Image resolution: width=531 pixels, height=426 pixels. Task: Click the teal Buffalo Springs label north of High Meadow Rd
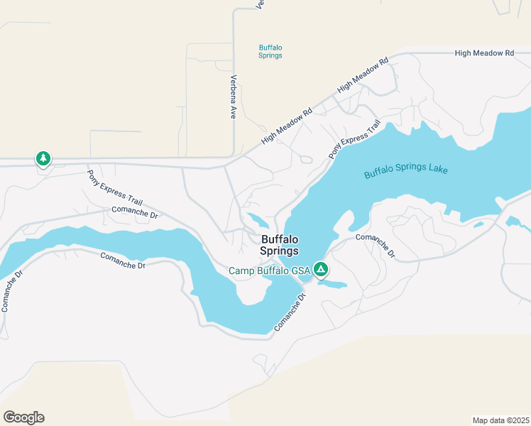(x=270, y=52)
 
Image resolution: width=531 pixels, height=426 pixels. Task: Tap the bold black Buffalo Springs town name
(x=280, y=245)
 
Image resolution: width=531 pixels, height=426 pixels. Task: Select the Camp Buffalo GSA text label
(x=269, y=271)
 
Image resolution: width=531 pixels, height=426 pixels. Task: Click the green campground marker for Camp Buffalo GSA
(x=321, y=269)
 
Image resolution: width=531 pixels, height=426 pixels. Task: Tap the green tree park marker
(x=43, y=158)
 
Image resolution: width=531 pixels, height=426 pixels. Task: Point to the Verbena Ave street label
(x=233, y=96)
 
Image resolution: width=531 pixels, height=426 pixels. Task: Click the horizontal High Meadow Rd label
(x=484, y=53)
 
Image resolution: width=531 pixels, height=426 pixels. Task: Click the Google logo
(x=23, y=417)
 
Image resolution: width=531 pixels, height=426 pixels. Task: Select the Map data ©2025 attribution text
(x=500, y=420)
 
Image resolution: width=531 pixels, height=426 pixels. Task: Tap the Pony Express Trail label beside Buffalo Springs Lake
(x=354, y=139)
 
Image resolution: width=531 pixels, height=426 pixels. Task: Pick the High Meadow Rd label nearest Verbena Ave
(x=287, y=127)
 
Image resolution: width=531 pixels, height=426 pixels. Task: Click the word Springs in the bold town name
(x=280, y=251)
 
